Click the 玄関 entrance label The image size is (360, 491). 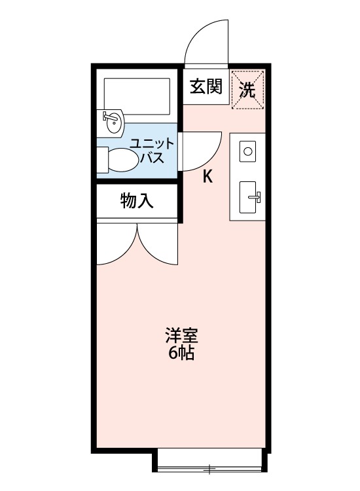(206, 88)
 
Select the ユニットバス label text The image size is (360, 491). (151, 151)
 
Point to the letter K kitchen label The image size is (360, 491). (207, 176)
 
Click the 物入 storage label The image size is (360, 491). (137, 201)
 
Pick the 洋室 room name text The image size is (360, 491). (181, 338)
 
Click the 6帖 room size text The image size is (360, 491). (181, 355)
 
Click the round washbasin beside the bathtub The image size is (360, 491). (114, 122)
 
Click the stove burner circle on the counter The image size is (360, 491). (248, 152)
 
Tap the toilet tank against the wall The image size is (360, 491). (101, 159)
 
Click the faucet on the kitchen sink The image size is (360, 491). (256, 196)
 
